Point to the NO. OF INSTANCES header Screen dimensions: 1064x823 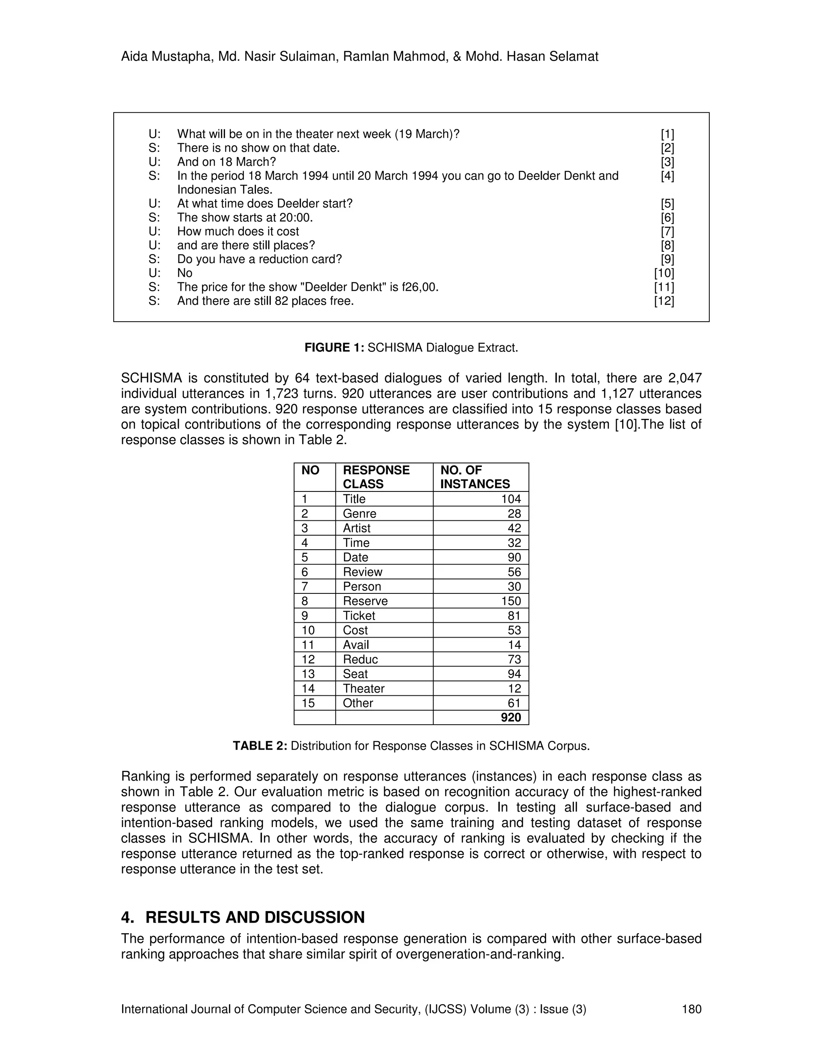pos(475,477)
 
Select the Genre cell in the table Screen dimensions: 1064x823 pos(359,514)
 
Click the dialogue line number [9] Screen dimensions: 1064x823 pos(667,259)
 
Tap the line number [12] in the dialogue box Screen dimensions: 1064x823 pos(664,301)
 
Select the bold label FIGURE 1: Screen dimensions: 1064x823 pos(334,347)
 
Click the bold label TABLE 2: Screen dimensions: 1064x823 pos(260,746)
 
